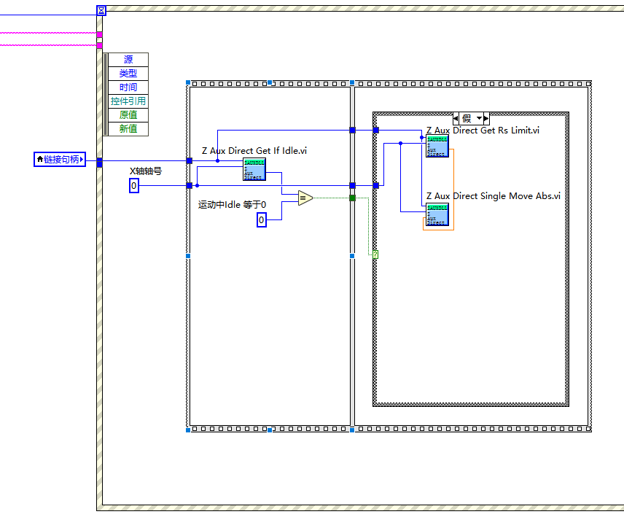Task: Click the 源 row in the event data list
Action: (128, 60)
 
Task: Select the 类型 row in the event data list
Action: (128, 74)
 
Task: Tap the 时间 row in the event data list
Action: (128, 87)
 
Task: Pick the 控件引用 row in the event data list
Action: (128, 101)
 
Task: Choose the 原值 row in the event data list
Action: (128, 115)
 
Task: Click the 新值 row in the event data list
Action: (128, 129)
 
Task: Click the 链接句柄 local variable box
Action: (60, 159)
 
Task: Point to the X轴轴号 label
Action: (146, 171)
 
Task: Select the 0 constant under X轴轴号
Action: (134, 187)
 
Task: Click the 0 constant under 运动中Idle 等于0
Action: (262, 219)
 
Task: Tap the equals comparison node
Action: (305, 198)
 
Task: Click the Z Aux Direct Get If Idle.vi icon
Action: (254, 169)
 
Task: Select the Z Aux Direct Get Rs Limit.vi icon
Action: (437, 146)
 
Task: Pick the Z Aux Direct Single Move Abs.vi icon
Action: (437, 214)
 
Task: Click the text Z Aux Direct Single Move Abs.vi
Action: (493, 196)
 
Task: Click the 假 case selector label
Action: (467, 118)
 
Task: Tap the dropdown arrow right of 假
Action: (480, 118)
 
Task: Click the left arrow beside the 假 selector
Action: (456, 118)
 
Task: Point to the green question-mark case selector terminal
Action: (376, 254)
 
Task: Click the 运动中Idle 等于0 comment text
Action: (233, 204)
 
